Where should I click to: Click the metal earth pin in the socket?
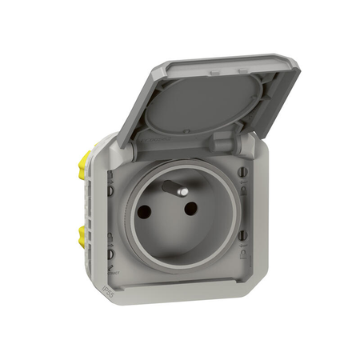click(171, 188)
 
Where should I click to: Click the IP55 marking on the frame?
click(110, 281)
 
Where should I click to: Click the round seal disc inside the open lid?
click(204, 112)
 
